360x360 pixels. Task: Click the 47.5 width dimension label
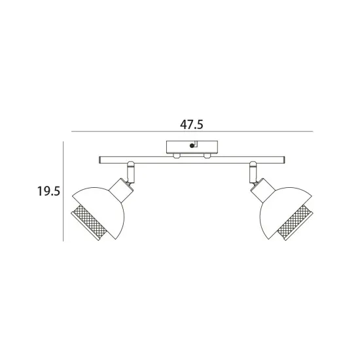[192, 124]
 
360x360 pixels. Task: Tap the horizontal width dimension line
[192, 132]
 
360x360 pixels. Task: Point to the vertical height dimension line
[63, 191]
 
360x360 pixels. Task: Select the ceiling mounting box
[192, 147]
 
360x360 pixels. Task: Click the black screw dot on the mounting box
[192, 145]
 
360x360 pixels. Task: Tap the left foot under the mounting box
[177, 156]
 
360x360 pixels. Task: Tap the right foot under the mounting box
[207, 156]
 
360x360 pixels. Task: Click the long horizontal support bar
[192, 160]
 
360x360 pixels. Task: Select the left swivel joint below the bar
[131, 172]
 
